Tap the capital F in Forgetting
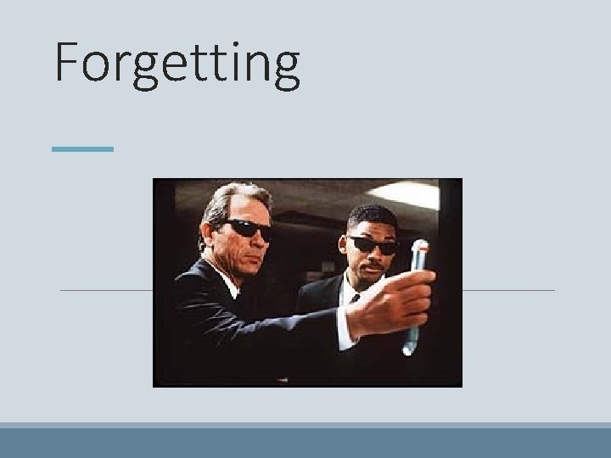click(x=70, y=61)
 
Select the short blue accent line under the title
click(x=81, y=149)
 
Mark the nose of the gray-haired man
click(x=258, y=241)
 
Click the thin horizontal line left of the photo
click(x=106, y=290)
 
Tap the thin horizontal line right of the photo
click(x=508, y=290)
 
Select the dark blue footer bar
click(x=305, y=443)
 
